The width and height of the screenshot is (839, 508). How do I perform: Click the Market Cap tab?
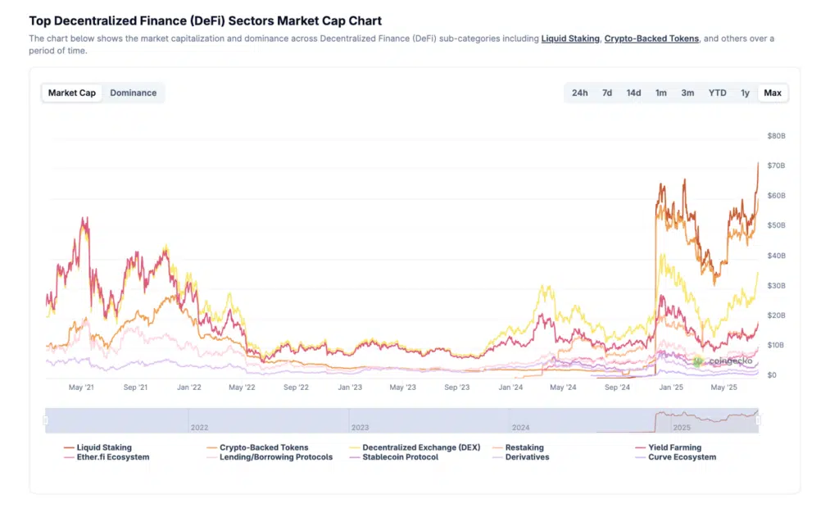[x=72, y=93]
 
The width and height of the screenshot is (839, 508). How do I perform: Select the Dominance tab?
[x=133, y=93]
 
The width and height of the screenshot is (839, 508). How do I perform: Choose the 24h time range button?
[x=579, y=93]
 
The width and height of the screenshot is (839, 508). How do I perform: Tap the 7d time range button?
[x=607, y=93]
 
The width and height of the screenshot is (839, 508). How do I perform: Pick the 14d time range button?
[x=633, y=93]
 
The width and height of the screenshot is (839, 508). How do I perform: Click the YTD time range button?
[x=717, y=93]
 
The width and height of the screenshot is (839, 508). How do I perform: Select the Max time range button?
[x=772, y=93]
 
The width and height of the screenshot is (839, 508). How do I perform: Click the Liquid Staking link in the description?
[x=570, y=39]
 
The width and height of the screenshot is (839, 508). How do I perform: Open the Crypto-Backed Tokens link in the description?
[x=651, y=39]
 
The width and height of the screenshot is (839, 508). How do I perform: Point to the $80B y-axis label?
[x=776, y=135]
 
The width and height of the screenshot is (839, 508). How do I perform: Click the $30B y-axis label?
[x=776, y=285]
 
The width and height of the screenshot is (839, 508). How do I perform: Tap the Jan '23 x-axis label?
[x=350, y=388]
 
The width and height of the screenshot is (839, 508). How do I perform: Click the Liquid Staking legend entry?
[x=103, y=447]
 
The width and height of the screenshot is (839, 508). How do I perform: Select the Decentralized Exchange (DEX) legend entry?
[x=419, y=447]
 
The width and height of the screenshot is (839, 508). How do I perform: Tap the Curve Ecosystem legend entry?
[x=683, y=457]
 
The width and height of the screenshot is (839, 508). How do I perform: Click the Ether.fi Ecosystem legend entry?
[x=112, y=457]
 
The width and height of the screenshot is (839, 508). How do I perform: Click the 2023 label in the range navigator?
[x=360, y=428]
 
